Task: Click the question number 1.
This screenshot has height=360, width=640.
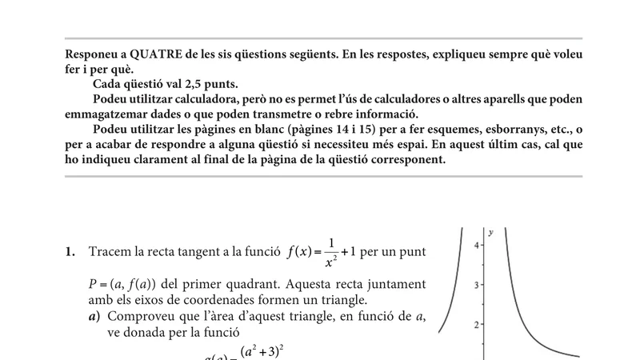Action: point(70,252)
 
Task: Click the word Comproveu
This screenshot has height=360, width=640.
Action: point(135,317)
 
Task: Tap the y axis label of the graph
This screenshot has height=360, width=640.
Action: point(490,232)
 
